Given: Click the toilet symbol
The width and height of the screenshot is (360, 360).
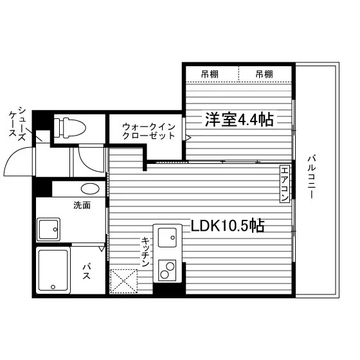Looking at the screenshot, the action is coord(69,128).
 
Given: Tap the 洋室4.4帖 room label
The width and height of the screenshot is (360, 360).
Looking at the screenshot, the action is coord(239,120).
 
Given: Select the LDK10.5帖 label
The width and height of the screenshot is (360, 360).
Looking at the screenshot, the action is coord(228,226).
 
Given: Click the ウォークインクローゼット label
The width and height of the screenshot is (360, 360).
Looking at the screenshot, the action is coord(148,131).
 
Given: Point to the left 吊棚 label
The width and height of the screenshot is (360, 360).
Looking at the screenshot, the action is coord(210,74).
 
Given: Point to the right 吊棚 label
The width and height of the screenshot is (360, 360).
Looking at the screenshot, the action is coord(264,74).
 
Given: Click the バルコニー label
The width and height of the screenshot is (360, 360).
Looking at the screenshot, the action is coord(311,177).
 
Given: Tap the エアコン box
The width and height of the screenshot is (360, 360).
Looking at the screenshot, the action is coord(284,184).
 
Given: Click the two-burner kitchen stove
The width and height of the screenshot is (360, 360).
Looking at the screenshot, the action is coord(167,271).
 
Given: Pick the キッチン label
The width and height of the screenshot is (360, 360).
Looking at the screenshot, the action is coord(145,252).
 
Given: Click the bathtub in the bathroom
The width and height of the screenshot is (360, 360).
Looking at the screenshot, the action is coord(53,271).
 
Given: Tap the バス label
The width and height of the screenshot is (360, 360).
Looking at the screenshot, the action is coord(87,271).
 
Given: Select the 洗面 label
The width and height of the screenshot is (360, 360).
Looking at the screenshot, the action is coord(82,205).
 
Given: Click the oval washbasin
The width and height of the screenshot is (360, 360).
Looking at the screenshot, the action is coord(90,189).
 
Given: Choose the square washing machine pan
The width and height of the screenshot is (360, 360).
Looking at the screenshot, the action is coord(48,230).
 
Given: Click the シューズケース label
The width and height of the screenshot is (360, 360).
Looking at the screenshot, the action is coord(17,123).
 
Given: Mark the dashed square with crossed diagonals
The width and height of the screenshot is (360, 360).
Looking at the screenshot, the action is coord(124,282).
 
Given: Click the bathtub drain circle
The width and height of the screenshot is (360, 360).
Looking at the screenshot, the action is coord(53,287).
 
